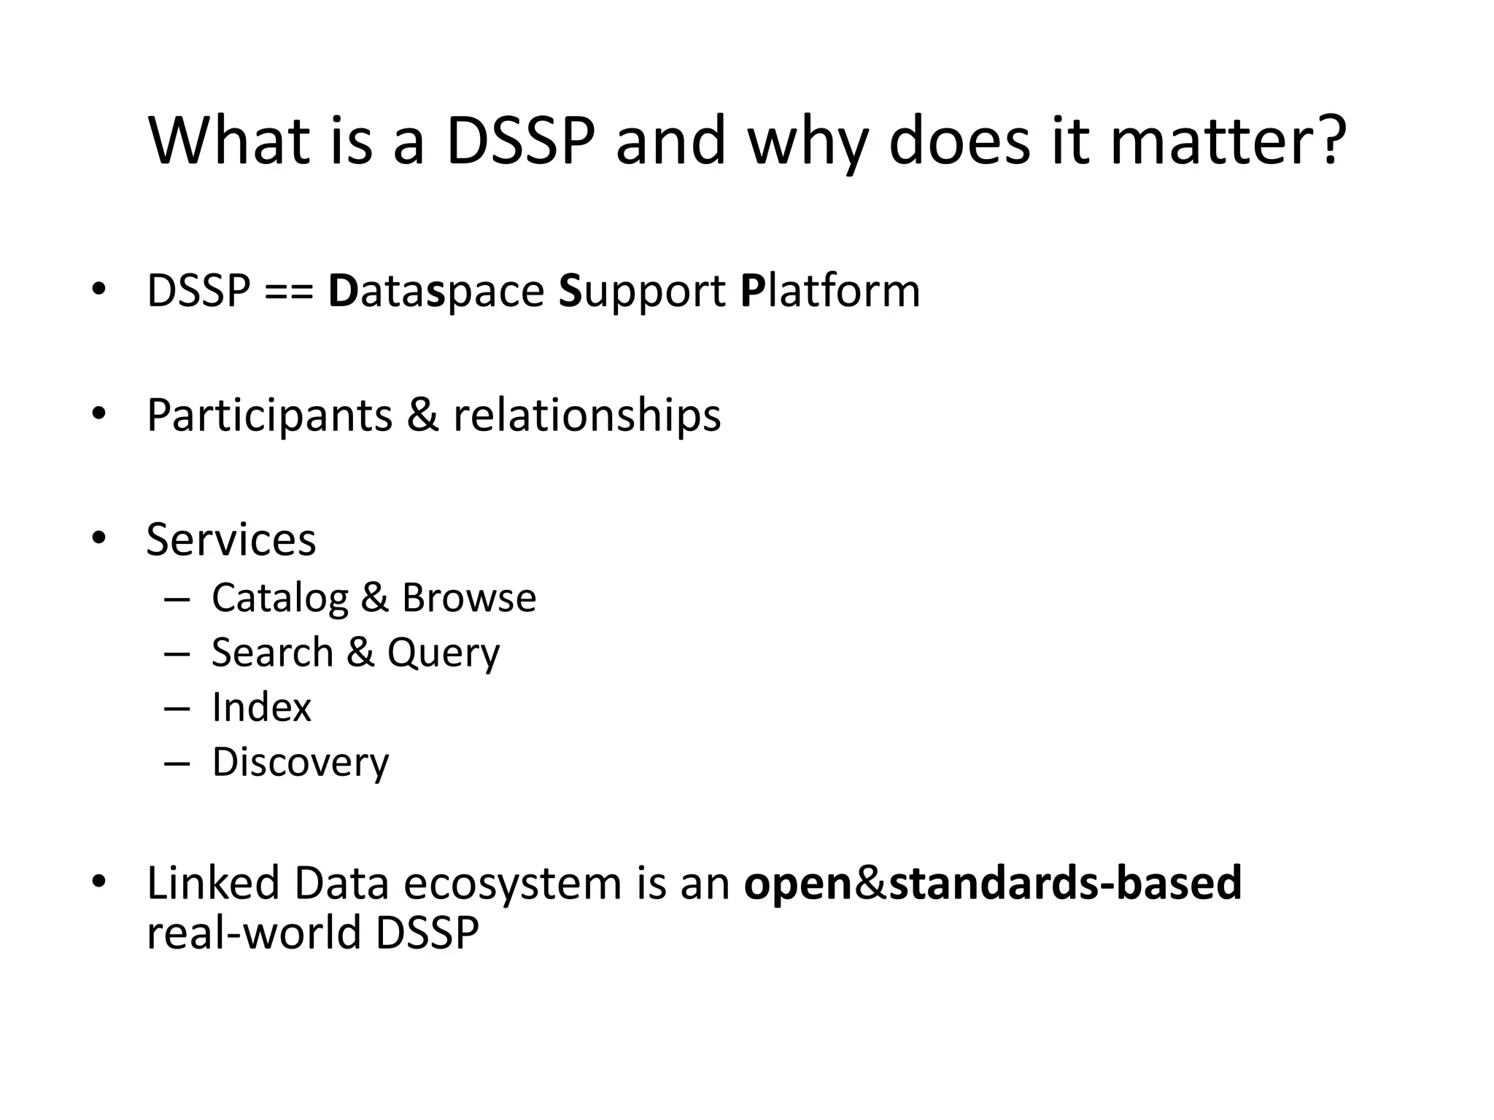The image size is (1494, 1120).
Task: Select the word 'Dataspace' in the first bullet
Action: click(436, 292)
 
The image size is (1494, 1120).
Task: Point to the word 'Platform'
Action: click(830, 292)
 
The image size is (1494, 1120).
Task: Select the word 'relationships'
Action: click(587, 416)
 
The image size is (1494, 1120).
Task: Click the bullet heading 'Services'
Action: click(231, 540)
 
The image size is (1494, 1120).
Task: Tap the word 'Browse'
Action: click(469, 598)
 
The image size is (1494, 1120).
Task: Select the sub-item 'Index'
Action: click(261, 707)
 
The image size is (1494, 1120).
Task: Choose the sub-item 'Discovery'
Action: click(301, 763)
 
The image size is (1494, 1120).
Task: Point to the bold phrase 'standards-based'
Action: click(1065, 883)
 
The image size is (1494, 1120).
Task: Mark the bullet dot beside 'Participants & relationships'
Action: click(98, 414)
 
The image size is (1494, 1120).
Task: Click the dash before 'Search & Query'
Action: click(177, 653)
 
